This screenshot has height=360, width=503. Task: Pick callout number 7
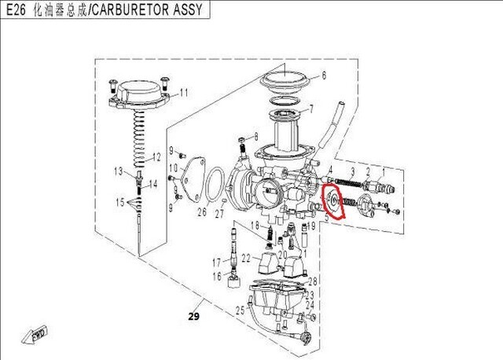click(x=311, y=109)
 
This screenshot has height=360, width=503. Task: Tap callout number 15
click(x=119, y=202)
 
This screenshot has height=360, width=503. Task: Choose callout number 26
click(x=202, y=212)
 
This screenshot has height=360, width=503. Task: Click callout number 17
click(x=216, y=262)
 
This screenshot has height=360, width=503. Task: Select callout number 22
click(x=246, y=258)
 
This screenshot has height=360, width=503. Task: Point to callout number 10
click(x=172, y=169)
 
